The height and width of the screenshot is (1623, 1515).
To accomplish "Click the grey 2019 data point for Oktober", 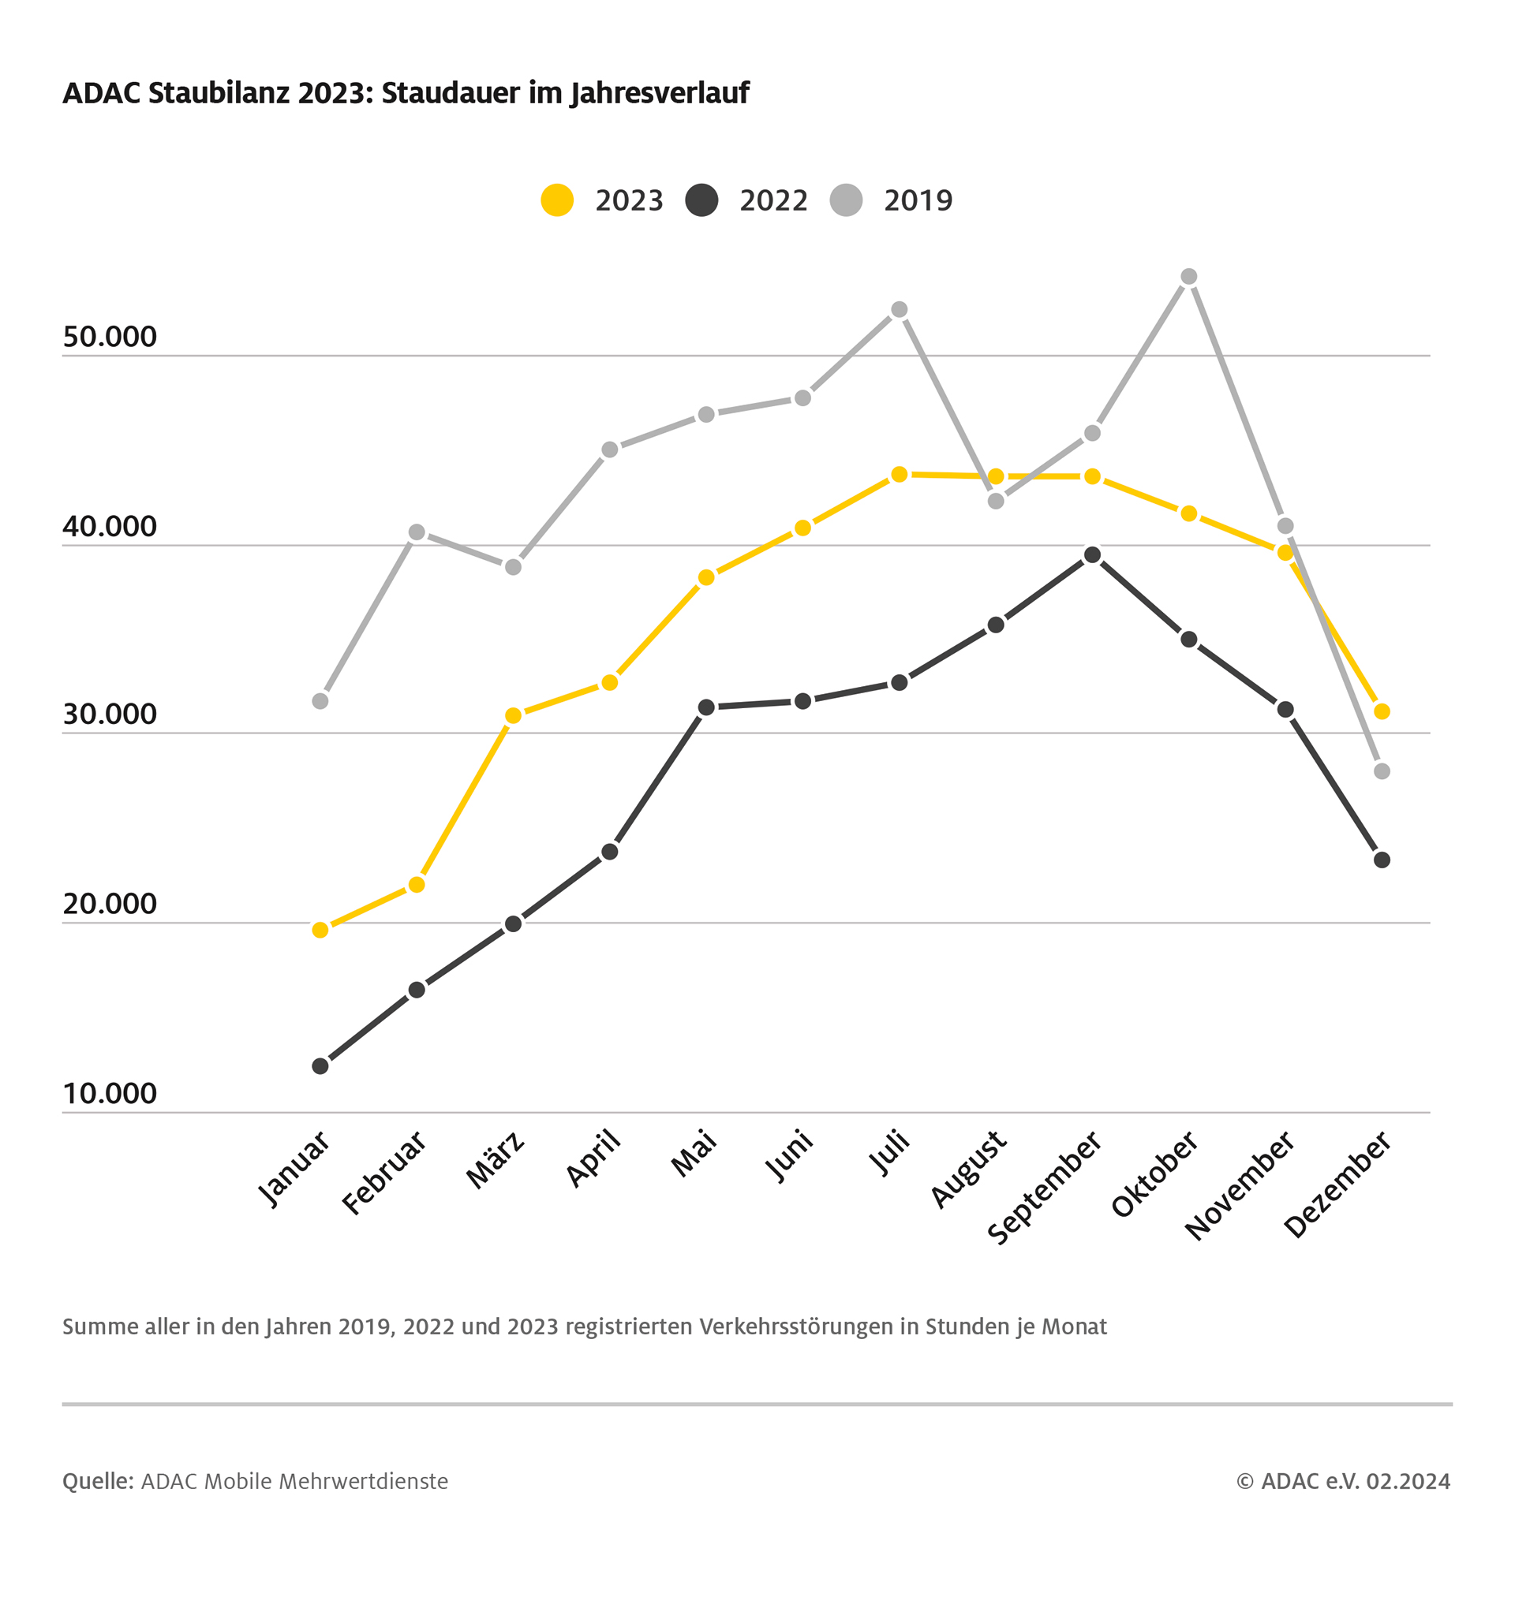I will click(1188, 277).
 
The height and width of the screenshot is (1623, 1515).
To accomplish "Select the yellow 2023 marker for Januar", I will click(320, 930).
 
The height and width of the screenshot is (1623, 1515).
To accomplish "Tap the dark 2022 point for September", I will click(1092, 555).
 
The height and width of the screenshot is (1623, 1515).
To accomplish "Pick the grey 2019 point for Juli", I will click(900, 309).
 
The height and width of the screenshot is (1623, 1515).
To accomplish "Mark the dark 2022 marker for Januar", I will click(320, 1066).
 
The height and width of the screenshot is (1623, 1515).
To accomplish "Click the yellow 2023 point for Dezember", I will click(1382, 712).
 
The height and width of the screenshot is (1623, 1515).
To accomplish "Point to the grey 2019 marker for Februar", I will click(417, 532).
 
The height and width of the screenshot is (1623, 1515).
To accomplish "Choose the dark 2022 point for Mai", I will click(706, 707).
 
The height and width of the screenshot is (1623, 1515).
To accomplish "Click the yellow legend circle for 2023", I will click(557, 200).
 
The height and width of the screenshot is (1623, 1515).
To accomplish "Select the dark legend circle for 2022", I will click(701, 200).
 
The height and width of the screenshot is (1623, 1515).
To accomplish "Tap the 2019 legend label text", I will click(918, 201).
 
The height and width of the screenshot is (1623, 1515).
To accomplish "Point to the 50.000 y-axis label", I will click(110, 337).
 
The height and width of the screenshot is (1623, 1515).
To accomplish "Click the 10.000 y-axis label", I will click(110, 1093).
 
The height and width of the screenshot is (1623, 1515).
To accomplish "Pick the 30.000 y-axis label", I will click(110, 714).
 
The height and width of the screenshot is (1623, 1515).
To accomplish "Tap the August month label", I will click(970, 1169).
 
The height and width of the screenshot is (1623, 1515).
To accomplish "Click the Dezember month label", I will click(1337, 1184).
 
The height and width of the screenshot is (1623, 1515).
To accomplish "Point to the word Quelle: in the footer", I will click(98, 1481).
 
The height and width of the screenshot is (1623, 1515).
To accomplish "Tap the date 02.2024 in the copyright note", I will click(1408, 1481).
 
